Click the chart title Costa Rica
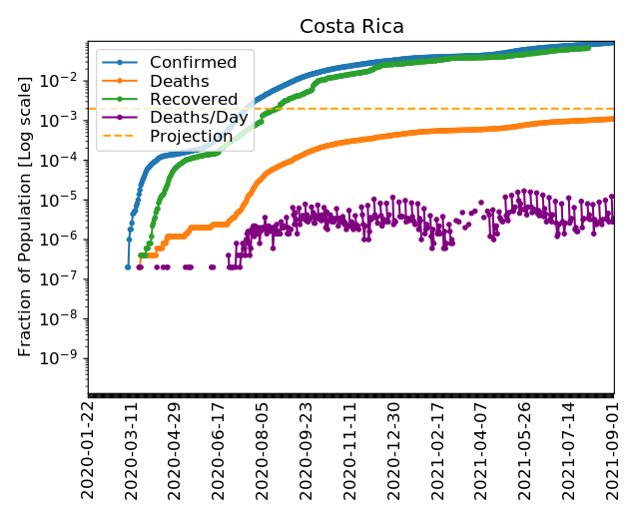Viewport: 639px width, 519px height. [x=351, y=27]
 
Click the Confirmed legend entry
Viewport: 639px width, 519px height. [x=193, y=63]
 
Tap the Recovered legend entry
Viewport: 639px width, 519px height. [x=193, y=99]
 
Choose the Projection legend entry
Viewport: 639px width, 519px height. [x=191, y=136]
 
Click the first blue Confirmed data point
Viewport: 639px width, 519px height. [x=128, y=266]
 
